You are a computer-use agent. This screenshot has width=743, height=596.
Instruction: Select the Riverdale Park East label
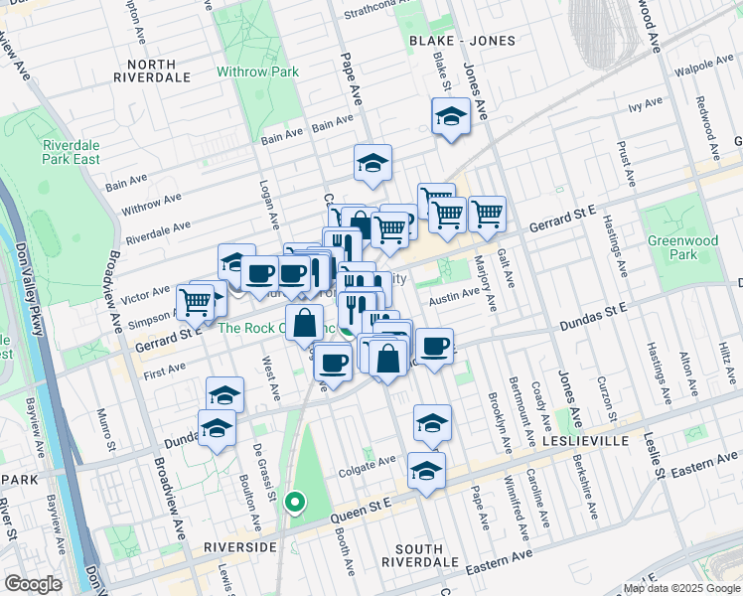(x=71, y=151)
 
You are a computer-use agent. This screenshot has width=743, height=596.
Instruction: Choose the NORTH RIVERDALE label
(x=151, y=70)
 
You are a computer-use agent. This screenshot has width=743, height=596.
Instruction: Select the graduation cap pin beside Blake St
(x=451, y=116)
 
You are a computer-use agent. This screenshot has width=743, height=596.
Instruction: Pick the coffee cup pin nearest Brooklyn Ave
(x=434, y=347)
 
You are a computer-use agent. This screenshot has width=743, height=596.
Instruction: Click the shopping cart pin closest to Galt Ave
(x=487, y=214)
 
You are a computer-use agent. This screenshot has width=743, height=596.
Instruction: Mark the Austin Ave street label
(x=453, y=295)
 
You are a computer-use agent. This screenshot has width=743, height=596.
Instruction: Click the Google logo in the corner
(x=33, y=583)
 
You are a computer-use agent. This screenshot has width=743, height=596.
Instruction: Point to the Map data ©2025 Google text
(x=681, y=588)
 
